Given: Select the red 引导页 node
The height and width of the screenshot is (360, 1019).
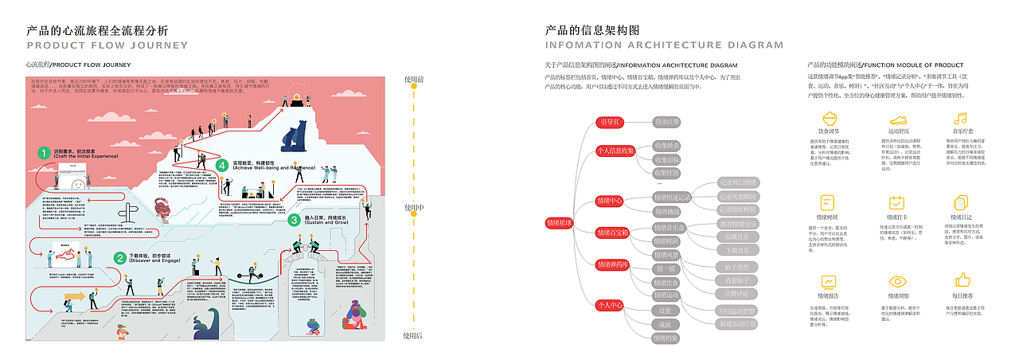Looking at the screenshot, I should tap(611, 122).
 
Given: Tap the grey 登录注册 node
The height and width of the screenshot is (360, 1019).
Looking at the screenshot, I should tap(667, 122).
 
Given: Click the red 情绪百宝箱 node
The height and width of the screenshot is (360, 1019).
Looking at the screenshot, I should tap(613, 233).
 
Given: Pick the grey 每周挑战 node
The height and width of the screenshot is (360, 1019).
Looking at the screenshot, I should tap(666, 212).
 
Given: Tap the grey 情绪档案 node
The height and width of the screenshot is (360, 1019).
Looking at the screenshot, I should tap(666, 338).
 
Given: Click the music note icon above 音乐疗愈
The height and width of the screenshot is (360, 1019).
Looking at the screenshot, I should tap(961, 118).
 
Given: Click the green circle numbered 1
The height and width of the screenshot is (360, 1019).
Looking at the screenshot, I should tap(45, 151).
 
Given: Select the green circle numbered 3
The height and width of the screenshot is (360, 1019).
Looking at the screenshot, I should tap(294, 219).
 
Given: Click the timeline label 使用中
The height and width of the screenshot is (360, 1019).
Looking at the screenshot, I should tap(413, 208).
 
